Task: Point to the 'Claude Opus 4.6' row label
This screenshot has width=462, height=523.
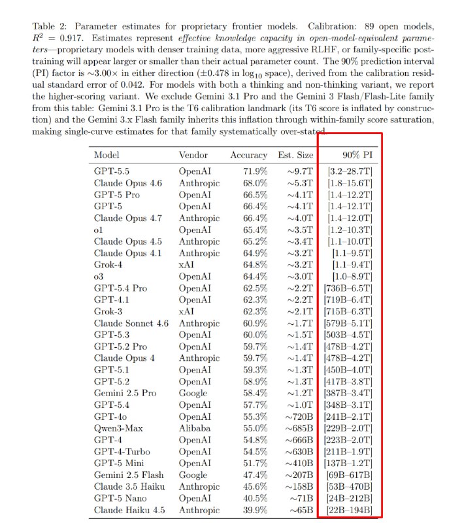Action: tap(127, 183)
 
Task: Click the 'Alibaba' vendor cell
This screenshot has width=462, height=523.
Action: tap(196, 428)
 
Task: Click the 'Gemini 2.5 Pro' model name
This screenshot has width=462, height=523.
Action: tap(125, 393)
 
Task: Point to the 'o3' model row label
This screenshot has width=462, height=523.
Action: tap(99, 277)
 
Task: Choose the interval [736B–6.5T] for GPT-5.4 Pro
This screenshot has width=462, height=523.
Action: tap(348, 289)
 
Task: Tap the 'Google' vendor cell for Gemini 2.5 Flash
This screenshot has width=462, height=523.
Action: tap(193, 475)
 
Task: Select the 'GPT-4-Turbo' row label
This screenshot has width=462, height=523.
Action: tap(121, 451)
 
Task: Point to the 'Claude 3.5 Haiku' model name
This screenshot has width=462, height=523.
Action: tap(129, 486)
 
